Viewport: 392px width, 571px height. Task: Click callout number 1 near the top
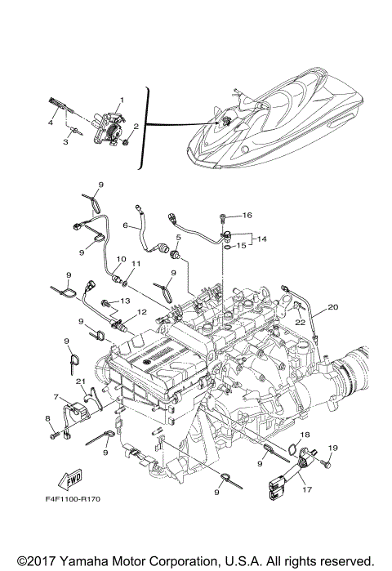pos(122,100)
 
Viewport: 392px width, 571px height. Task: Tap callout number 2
pos(136,127)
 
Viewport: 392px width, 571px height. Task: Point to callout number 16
pos(248,216)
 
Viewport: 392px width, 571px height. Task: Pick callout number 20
pos(332,307)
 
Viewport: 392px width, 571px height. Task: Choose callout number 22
pos(300,322)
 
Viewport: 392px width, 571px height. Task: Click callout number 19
pos(332,448)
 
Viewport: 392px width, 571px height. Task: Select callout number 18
pos(305,435)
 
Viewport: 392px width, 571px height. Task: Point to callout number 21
pos(80,381)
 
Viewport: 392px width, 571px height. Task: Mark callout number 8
pos(47,419)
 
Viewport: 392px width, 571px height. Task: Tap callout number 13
pos(125,301)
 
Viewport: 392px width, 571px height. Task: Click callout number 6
pos(126,225)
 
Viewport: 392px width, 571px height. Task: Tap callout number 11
pos(136,263)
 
